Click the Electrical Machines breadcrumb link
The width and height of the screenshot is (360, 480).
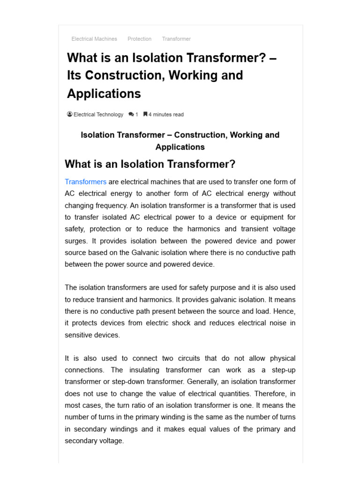[94, 39]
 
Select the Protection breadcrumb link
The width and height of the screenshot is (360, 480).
[139, 39]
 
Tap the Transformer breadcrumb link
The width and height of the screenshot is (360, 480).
[176, 39]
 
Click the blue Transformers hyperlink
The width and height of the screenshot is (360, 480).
[85, 182]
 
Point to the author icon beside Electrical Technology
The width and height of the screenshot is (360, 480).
[70, 114]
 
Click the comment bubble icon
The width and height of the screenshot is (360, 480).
[131, 114]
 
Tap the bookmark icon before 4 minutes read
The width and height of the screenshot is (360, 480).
[145, 114]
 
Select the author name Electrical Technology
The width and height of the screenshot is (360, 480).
[98, 114]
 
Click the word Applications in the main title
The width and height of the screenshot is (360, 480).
[104, 94]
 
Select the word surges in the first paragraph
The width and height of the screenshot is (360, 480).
[76, 241]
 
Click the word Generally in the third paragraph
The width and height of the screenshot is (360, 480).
[210, 382]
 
